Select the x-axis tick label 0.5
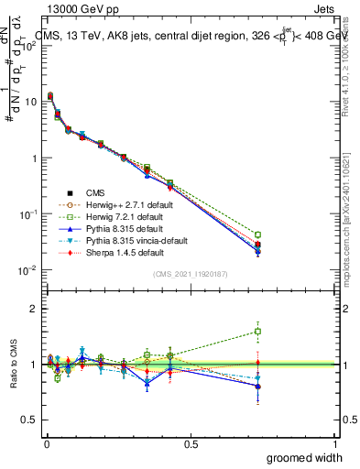pyautogui.click(x=191, y=442)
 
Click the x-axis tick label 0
pyautogui.click(x=46, y=442)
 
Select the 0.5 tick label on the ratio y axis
pyautogui.click(x=31, y=420)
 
